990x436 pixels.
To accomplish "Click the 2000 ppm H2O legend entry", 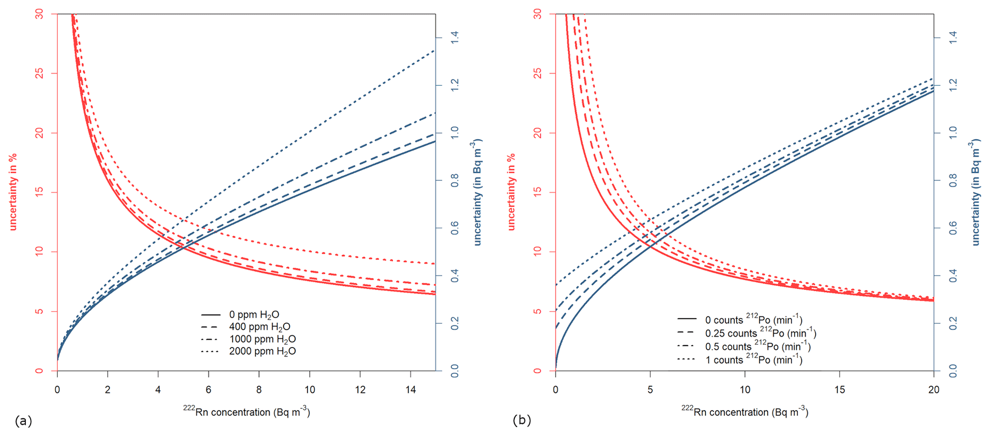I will tap(262, 351).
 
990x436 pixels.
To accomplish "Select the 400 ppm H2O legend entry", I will tap(259, 327).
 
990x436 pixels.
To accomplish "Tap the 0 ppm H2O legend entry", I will tap(254, 315).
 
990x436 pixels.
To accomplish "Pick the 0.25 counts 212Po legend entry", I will tap(760, 333).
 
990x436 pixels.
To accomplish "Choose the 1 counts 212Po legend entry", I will tap(753, 359).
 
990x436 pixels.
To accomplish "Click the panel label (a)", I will tap(23, 421).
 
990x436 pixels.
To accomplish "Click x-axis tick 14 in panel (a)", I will tap(410, 390).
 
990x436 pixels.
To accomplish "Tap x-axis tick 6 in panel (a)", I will tap(208, 390).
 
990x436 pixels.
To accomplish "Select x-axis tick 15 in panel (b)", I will tap(839, 390).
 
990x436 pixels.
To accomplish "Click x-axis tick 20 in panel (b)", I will tap(933, 390).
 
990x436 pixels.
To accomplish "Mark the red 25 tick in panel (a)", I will tap(40, 73).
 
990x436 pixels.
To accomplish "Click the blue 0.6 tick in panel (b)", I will tap(953, 228).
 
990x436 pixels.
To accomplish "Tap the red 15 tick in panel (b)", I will tap(538, 192).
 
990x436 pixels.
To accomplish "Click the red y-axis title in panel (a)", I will tap(13, 191).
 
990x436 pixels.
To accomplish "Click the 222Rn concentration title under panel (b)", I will tap(745, 412).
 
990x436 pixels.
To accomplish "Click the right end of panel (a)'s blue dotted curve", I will tap(434, 50).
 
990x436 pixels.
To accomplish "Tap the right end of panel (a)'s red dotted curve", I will tap(434, 264).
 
